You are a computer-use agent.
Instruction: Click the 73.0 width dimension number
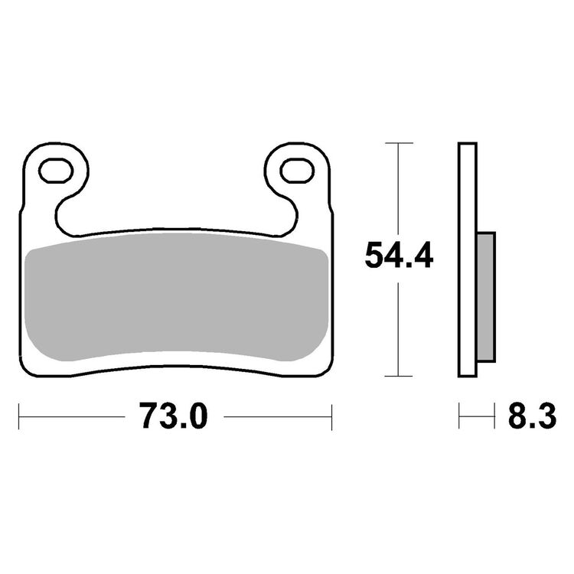173,417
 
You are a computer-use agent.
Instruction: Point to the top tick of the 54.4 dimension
398,143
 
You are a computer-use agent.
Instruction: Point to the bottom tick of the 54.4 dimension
398,376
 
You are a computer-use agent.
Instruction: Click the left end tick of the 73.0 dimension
19,417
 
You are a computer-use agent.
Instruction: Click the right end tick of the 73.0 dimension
331,417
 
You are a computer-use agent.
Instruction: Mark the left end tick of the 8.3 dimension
459,417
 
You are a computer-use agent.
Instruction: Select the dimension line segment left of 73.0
73,417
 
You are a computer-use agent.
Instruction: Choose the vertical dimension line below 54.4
398,329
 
